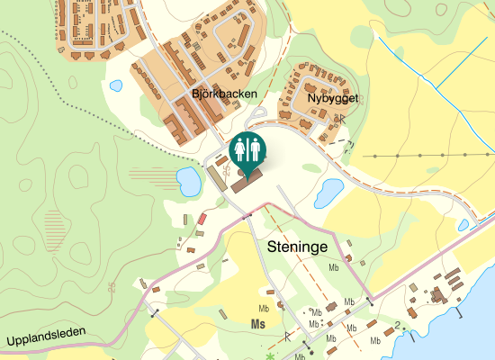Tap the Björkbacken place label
tap(224, 94)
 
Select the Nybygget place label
tap(332, 98)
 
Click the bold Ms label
tap(259, 324)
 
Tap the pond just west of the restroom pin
tap(189, 182)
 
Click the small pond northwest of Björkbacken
tap(115, 86)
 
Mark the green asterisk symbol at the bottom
tap(269, 356)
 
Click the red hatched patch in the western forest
tap(56, 222)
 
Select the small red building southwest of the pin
tap(202, 219)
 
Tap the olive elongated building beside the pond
tap(218, 178)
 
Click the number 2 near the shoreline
tap(396, 324)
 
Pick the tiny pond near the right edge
tap(463, 225)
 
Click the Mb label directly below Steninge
tap(334, 268)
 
